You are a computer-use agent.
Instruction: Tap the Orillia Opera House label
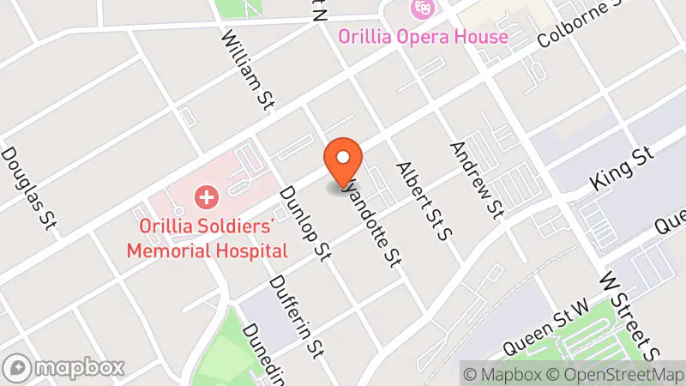click(x=423, y=37)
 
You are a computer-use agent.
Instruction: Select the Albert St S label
click(x=422, y=199)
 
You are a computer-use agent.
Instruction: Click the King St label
click(x=623, y=168)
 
